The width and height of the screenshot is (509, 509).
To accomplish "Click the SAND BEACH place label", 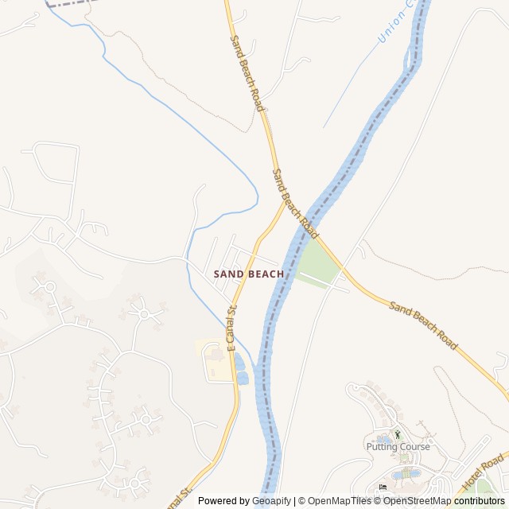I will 249,274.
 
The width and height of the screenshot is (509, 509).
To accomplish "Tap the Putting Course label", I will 398,447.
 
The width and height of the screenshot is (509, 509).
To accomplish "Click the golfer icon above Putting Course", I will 398,434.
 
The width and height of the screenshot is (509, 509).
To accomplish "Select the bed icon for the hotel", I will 383,487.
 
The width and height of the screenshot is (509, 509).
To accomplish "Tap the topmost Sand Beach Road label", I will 246,72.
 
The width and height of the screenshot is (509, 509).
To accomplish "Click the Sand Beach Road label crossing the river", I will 295,204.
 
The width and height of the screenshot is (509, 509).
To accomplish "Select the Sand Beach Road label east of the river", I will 423,325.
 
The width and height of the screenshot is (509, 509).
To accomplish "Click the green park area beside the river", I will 318,262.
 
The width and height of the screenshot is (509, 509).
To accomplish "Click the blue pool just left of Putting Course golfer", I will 384,438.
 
